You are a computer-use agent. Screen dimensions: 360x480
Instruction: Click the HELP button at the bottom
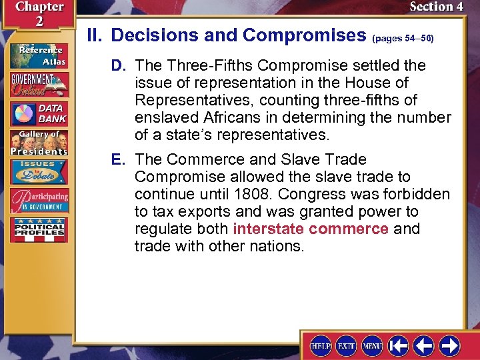(x=321, y=345)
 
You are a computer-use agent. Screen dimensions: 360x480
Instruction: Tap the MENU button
(x=372, y=345)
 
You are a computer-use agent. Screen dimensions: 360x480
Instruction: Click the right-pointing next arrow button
(x=449, y=345)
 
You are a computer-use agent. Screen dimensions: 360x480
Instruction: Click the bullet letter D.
(x=118, y=66)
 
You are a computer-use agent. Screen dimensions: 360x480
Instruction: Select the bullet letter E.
(x=118, y=160)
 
